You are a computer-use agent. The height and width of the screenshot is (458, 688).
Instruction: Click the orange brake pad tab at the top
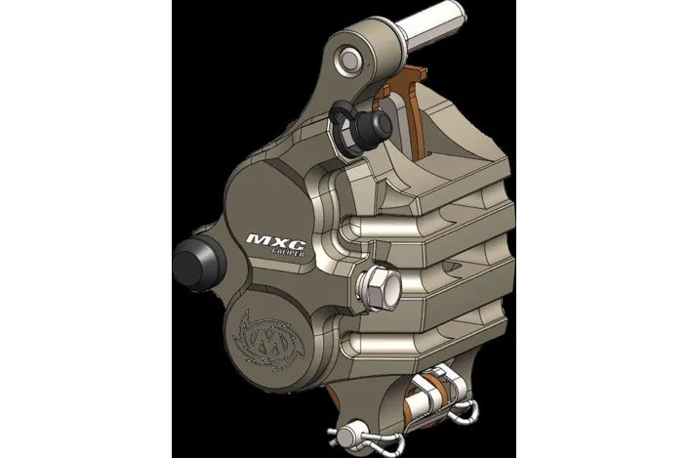418,78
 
